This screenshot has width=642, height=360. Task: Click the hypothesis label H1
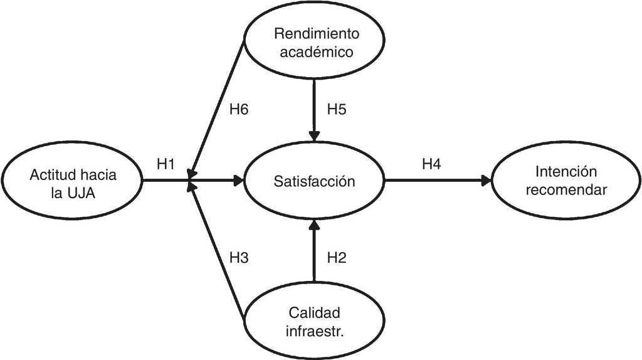point(166,164)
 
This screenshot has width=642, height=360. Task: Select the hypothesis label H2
point(337,257)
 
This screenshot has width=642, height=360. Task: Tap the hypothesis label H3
point(238,257)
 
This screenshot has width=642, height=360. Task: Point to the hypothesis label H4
point(431,164)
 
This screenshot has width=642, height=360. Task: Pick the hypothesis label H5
point(337,109)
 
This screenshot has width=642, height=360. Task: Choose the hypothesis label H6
point(238,109)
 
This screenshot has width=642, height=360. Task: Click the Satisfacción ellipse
point(314,182)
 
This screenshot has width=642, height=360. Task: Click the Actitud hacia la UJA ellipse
point(73,182)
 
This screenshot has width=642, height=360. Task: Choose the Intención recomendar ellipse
point(566,181)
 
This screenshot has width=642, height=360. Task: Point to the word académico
point(314,52)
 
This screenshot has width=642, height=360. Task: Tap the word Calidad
point(314,311)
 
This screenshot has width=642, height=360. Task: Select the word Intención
point(566,172)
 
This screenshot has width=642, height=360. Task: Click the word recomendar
point(566,189)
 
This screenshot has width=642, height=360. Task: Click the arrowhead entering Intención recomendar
point(486,181)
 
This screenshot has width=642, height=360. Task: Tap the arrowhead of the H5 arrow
point(315,136)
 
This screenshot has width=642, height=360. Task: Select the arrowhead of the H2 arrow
point(315,227)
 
